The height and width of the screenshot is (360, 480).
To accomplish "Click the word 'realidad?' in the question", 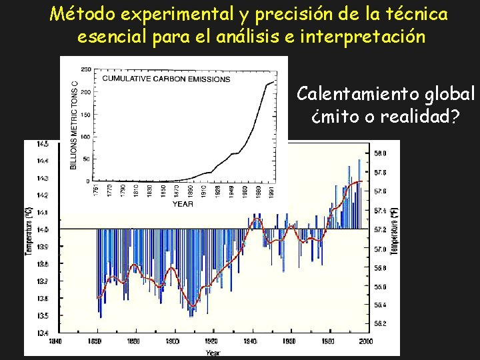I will coord(419,117).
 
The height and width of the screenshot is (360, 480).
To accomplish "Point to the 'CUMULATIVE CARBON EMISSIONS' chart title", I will coord(166,79).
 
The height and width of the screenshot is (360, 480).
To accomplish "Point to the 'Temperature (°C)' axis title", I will coord(29,230).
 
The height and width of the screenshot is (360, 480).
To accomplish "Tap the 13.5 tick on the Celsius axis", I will coord(42,315).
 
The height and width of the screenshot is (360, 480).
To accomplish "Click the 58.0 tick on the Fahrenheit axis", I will coord(381,153).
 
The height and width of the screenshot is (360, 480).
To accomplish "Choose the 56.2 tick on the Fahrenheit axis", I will coord(381,323).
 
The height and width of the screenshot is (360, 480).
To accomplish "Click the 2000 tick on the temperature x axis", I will coord(366,341).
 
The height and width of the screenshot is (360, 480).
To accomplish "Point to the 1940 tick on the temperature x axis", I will coord(251,341).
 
